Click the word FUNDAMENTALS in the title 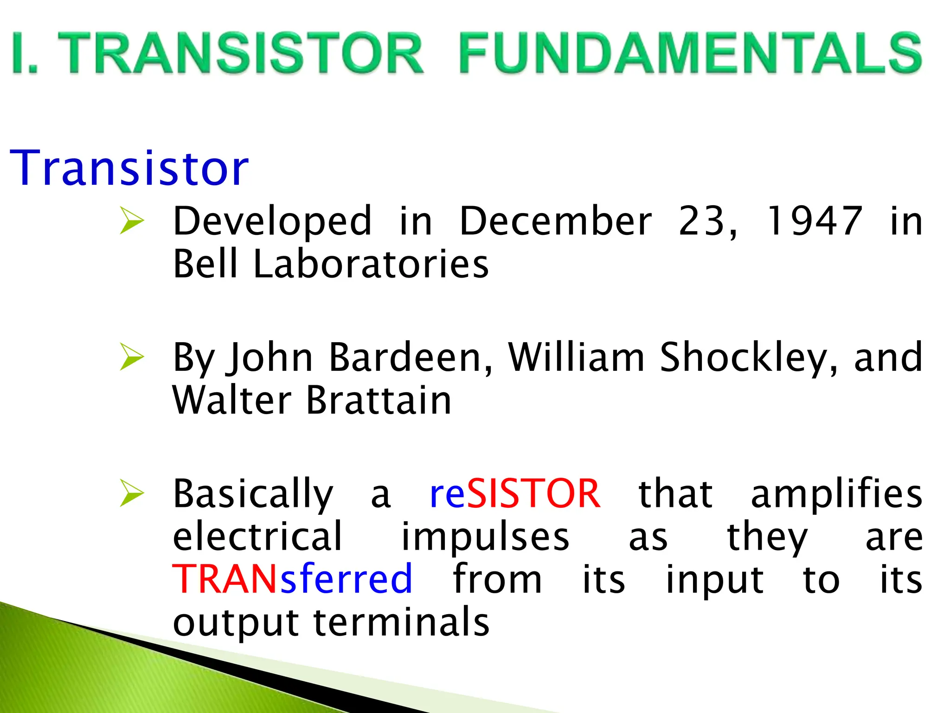click(x=690, y=53)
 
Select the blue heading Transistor click(x=129, y=168)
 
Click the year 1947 click(x=814, y=221)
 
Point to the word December click(x=556, y=221)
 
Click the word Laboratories click(x=371, y=264)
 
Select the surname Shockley click(x=749, y=357)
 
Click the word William click(x=576, y=357)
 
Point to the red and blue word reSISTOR click(x=515, y=493)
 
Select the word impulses click(x=485, y=537)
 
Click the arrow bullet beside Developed click(x=132, y=220)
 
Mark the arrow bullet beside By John click(x=132, y=356)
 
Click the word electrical click(x=257, y=536)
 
